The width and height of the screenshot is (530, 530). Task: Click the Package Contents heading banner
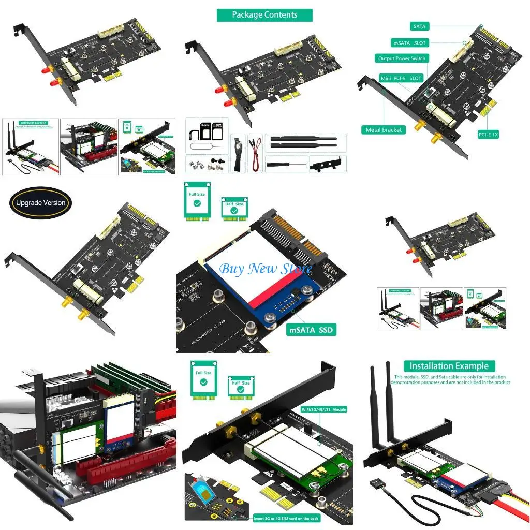click(x=264, y=15)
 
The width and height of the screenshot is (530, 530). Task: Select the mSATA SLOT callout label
click(x=409, y=43)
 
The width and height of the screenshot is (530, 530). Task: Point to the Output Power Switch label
click(x=402, y=58)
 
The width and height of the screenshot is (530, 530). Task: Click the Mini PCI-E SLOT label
click(x=401, y=78)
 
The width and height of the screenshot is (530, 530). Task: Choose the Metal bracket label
click(x=384, y=130)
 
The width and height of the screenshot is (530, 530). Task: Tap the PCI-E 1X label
click(x=488, y=135)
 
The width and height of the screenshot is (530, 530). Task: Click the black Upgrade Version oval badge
click(x=40, y=202)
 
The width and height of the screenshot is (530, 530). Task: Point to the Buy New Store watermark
click(x=266, y=269)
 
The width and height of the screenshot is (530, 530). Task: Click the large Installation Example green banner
click(x=449, y=366)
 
